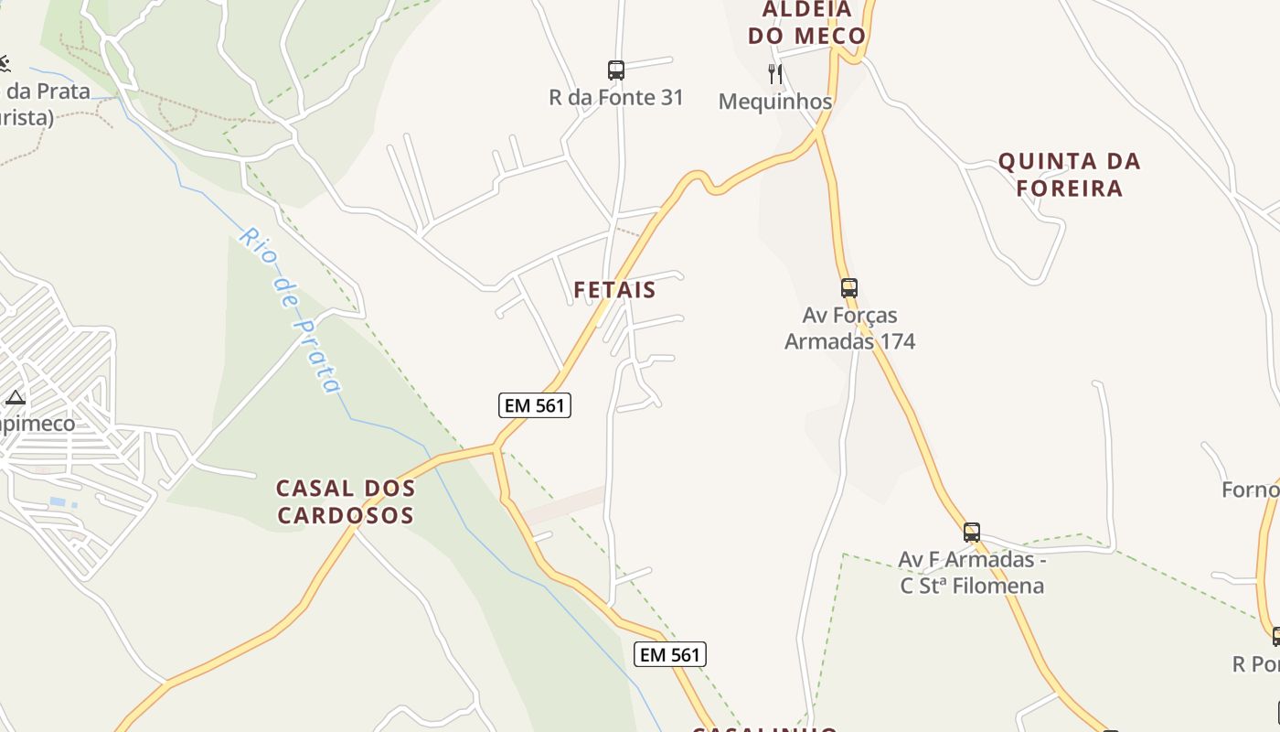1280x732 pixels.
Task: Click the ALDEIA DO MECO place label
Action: tap(806, 23)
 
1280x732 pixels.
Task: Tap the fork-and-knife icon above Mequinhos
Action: tap(775, 73)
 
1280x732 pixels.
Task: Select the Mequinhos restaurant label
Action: tap(775, 101)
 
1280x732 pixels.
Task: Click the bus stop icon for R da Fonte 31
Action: tap(616, 70)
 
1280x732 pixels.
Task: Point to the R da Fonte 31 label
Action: tap(616, 97)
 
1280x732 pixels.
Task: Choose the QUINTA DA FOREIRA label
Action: tap(1069, 175)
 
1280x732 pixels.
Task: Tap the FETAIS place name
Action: tap(614, 290)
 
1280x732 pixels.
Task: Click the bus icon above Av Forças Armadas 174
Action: tap(849, 288)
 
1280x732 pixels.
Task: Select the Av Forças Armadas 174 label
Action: tap(850, 328)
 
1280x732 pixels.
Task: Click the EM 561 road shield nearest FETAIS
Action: tap(535, 405)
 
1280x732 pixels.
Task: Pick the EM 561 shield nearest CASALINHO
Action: tap(670, 654)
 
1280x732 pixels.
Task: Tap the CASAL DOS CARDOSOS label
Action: tap(346, 501)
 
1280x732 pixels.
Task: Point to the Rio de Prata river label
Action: tap(291, 309)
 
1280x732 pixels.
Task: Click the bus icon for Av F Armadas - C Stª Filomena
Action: tap(972, 532)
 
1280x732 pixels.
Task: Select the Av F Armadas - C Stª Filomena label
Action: tap(972, 572)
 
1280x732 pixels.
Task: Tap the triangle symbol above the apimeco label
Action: tap(15, 398)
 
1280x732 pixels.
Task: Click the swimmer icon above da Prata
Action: tap(5, 63)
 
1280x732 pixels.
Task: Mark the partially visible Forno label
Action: tap(1251, 490)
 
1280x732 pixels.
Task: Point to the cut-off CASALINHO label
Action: tap(764, 728)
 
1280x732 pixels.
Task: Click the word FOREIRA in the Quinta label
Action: tap(1069, 188)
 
